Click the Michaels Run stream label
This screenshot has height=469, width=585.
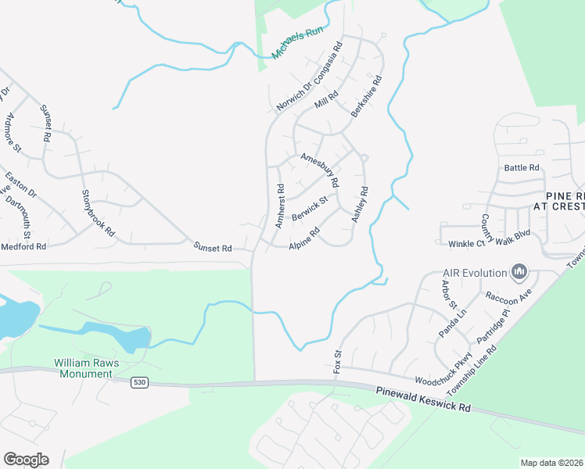[297, 42]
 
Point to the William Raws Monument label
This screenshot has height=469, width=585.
[83, 368]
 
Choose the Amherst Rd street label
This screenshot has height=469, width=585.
[280, 206]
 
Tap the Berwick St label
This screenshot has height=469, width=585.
[308, 208]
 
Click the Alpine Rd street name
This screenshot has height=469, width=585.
[305, 239]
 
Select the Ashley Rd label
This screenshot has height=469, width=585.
[360, 205]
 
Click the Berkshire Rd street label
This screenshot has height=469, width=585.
[367, 96]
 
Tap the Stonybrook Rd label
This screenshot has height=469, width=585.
[99, 213]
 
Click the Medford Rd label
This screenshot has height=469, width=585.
[23, 245]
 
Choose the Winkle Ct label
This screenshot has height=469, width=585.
[467, 244]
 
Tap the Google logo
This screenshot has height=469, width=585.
[26, 459]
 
